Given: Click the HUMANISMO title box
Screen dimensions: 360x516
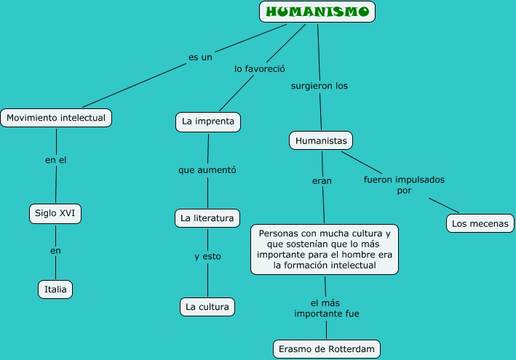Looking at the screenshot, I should click(x=317, y=12).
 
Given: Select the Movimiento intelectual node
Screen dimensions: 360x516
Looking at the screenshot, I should click(x=56, y=117).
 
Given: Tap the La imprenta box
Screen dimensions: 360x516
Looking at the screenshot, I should click(x=208, y=121).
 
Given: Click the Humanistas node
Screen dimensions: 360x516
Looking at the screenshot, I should click(x=321, y=140).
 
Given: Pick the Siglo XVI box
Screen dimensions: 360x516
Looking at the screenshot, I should click(x=55, y=213).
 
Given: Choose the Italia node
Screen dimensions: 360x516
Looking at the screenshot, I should click(x=55, y=289).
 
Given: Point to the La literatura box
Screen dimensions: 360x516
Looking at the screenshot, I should click(x=207, y=218).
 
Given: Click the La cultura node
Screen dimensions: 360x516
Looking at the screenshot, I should click(x=207, y=307).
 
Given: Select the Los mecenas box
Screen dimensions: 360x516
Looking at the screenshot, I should click(x=480, y=223).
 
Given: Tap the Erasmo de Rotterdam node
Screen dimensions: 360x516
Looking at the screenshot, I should click(x=327, y=349).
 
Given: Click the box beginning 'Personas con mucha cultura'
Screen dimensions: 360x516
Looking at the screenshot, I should click(x=325, y=249).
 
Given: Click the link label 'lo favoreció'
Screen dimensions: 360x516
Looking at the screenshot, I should click(x=259, y=69).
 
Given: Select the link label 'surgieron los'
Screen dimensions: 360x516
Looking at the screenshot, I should click(x=319, y=86).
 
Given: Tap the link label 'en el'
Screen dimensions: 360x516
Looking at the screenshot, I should click(x=56, y=160).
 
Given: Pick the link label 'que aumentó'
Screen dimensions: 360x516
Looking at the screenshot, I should click(x=207, y=170).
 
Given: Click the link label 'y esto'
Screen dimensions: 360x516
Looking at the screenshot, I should click(x=207, y=256).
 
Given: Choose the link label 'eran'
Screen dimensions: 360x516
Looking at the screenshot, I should click(x=322, y=181).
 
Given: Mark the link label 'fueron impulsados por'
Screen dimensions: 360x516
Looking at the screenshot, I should click(x=404, y=185).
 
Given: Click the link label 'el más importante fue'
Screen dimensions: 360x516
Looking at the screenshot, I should click(x=326, y=308).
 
